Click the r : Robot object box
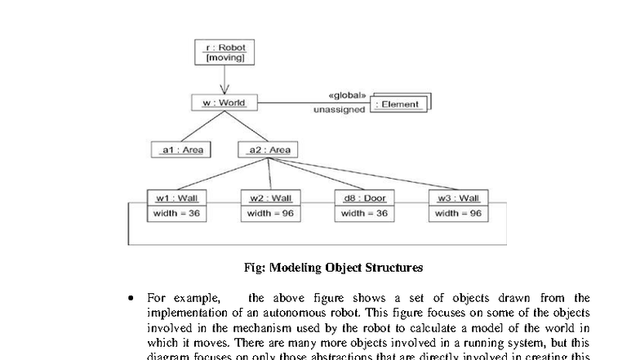coord(223,53)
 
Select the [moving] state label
coord(223,60)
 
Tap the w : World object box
coord(223,103)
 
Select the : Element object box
coord(398,104)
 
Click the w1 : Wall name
coord(177,198)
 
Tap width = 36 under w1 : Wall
coord(177,213)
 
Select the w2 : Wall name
coord(270,198)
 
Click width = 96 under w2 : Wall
coord(270,213)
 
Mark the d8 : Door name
coord(364,198)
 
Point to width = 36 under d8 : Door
coord(364,213)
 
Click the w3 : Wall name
coord(458,198)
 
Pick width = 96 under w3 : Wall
coord(458,213)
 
